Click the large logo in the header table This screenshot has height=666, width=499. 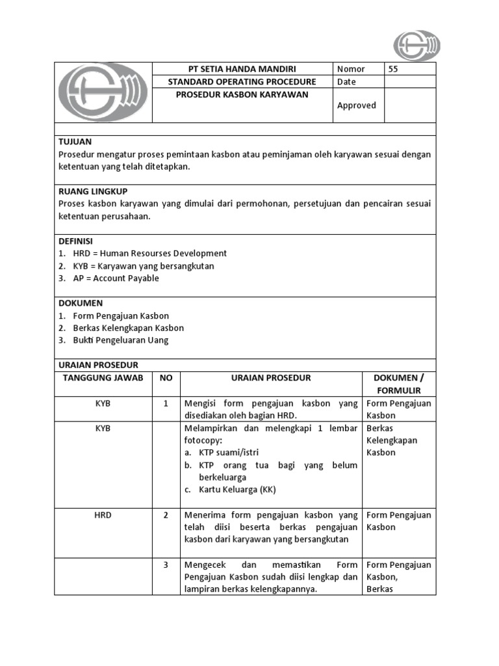(x=103, y=93)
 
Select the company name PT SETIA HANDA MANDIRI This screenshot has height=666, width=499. (x=242, y=69)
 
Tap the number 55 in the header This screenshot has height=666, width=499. (x=394, y=69)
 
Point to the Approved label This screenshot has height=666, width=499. (x=356, y=105)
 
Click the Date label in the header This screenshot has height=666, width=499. (x=346, y=82)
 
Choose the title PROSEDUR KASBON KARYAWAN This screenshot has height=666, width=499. (x=242, y=94)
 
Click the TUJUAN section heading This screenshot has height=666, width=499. (x=75, y=141)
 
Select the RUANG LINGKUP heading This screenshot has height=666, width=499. (x=93, y=191)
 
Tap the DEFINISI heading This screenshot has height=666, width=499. (x=76, y=241)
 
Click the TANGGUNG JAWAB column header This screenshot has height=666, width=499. (x=103, y=378)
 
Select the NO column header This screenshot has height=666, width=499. (x=166, y=378)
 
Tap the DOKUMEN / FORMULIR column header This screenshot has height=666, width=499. (x=398, y=384)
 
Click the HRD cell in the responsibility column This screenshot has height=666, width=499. (x=103, y=515)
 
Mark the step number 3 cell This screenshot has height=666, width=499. (x=166, y=565)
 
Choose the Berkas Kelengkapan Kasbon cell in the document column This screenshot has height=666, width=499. (x=392, y=440)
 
